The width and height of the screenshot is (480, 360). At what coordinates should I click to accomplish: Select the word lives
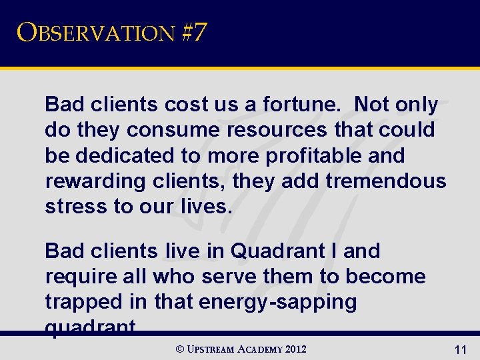[207, 206]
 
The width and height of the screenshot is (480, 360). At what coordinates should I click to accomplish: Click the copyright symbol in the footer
[180, 349]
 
